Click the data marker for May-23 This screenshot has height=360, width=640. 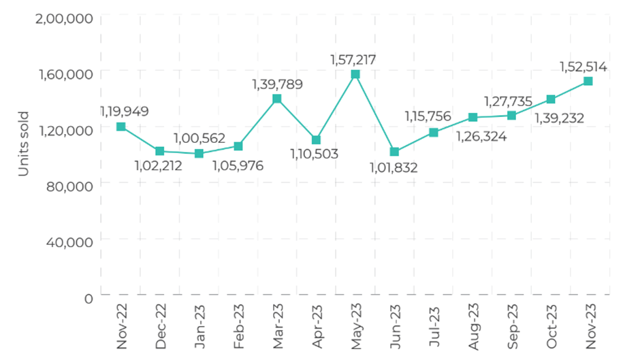click(355, 74)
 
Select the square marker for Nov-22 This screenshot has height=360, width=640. click(121, 127)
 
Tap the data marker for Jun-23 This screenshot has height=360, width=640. click(394, 152)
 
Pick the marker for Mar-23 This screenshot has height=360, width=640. click(277, 99)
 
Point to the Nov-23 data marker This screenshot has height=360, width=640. click(588, 81)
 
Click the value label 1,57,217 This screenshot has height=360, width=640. click(353, 60)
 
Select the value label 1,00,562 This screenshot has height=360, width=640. click(199, 138)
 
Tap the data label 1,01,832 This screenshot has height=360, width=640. click(393, 167)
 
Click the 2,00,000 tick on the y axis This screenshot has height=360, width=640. click(63, 18)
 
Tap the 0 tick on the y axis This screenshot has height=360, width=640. click(88, 297)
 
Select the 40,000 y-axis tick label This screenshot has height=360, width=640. click(69, 242)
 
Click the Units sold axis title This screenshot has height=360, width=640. click(23, 144)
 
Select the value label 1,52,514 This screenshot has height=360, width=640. click(583, 67)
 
